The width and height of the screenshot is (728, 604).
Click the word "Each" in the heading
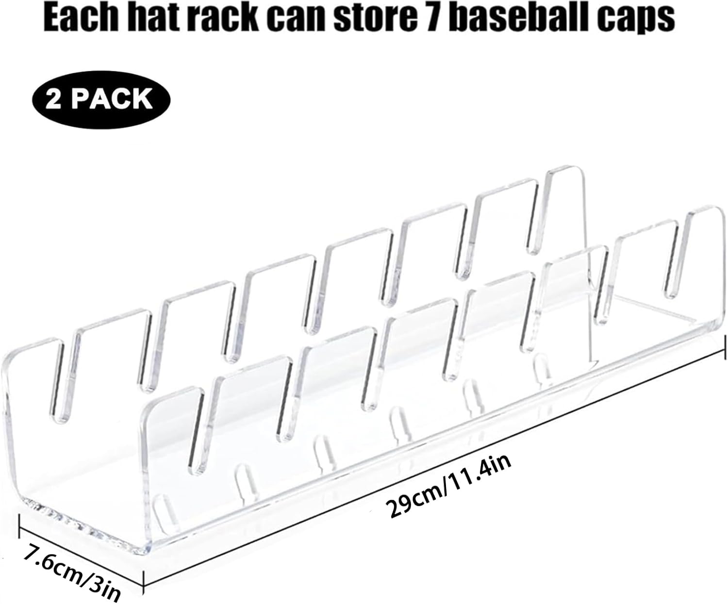pos(83,18)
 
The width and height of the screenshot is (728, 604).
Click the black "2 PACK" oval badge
pos(101,98)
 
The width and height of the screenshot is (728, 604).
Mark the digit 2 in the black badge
pos(55,99)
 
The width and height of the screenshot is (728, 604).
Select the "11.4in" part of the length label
pos(480,473)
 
